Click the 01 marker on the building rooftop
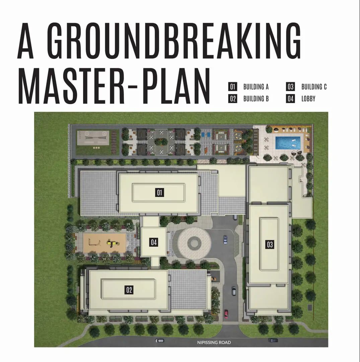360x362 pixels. coord(160,192)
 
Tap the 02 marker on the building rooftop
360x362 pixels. coord(129,290)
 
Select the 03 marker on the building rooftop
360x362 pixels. coord(270,244)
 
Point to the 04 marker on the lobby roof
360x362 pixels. coord(154,242)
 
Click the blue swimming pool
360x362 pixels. coord(288,143)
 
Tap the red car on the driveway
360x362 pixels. coord(226,314)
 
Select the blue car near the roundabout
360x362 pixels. coord(225,240)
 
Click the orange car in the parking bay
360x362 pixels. coord(214,279)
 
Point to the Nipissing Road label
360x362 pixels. coord(214,342)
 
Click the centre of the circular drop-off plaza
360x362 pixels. coord(194,243)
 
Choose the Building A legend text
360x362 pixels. coord(256,87)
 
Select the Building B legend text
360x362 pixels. coord(256,99)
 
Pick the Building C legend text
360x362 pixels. coord(314,87)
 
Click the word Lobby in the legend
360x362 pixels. coord(308,99)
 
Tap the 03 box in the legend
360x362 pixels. coord(291,87)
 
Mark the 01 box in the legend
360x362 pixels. coord(232,87)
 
